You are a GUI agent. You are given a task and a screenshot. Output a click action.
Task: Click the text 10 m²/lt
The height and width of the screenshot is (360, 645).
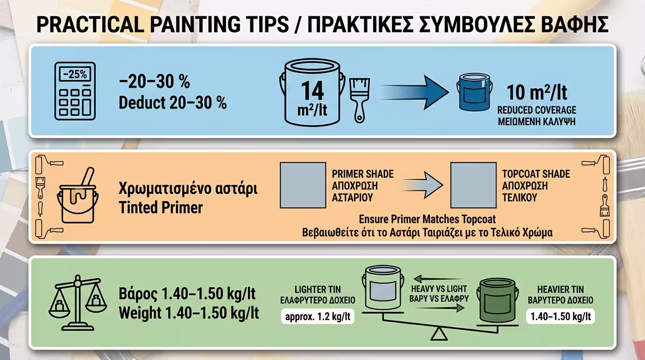point(536,92)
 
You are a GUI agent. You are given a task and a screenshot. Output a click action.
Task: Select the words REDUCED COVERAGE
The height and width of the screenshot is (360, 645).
point(536,111)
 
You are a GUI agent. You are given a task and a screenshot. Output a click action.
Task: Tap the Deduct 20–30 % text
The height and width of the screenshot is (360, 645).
point(172,103)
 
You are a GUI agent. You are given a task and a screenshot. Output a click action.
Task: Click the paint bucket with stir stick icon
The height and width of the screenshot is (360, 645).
point(78,197)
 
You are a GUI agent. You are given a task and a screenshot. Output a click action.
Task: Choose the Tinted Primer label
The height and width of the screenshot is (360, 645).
point(160,208)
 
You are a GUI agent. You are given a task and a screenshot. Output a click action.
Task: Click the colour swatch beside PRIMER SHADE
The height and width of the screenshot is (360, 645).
point(303,185)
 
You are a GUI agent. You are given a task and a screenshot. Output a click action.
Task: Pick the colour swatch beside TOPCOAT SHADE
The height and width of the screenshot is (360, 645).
point(473,185)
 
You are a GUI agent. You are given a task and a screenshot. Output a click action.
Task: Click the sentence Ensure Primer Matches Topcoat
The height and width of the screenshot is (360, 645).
point(427,219)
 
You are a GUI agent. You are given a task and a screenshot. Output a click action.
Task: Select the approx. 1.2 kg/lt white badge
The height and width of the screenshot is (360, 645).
point(317,316)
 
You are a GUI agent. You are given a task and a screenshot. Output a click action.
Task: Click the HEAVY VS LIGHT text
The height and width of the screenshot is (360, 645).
point(440,289)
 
